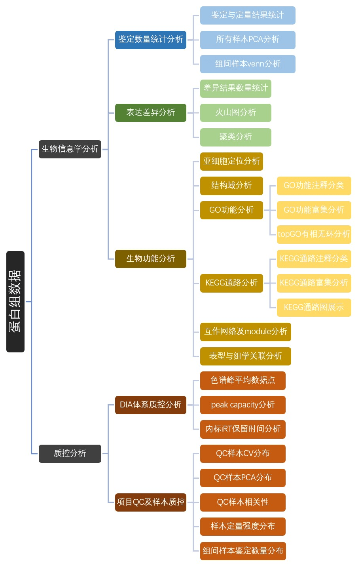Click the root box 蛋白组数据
tap(15, 301)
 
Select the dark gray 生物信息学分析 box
tap(70, 149)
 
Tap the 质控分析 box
tap(70, 454)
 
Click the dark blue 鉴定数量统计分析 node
tap(150, 40)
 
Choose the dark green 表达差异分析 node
tap(150, 112)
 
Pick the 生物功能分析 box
tap(150, 259)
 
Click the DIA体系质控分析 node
tap(150, 405)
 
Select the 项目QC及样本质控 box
tap(150, 502)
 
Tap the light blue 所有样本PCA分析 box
tap(248, 40)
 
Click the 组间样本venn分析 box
tap(248, 64)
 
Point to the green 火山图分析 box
tap(235, 112)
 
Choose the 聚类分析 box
tap(235, 137)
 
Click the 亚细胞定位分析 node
tap(231, 161)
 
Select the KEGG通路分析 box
tap(231, 283)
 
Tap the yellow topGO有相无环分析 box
tap(314, 234)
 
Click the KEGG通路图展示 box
tap(314, 308)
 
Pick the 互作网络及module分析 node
tap(245, 332)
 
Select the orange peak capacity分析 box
tap(243, 405)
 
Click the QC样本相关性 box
tap(243, 502)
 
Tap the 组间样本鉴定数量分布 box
tap(243, 551)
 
